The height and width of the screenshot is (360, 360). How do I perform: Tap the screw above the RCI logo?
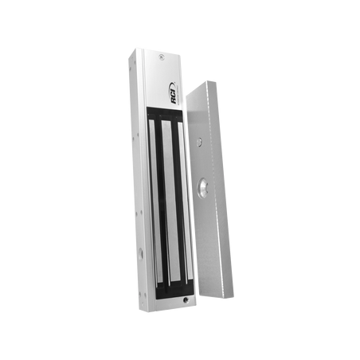[161, 57]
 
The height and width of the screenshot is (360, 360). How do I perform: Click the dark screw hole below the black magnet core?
[186, 300]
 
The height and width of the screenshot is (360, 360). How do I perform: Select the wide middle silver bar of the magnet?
[171, 201]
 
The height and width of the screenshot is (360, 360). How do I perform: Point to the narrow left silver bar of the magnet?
[156, 201]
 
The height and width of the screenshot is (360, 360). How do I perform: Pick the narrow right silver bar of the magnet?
[186, 201]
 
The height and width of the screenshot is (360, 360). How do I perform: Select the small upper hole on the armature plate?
[198, 143]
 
